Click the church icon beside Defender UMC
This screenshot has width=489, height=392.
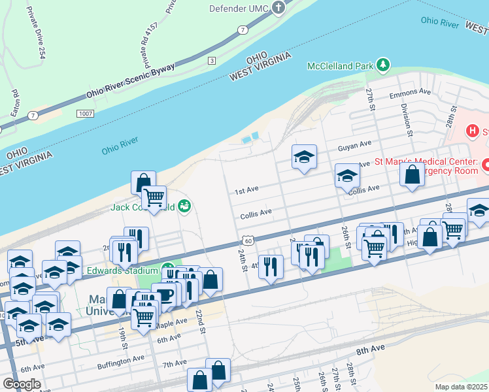[x=279, y=8]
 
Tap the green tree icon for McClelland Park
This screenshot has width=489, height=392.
[x=383, y=65]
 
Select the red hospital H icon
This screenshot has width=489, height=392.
[x=472, y=131]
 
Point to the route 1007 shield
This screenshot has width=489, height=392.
[x=84, y=113]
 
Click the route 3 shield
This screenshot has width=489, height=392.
[x=211, y=61]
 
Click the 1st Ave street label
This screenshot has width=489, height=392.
[x=247, y=190]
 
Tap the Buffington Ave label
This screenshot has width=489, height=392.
[x=121, y=359]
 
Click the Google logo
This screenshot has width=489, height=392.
[x=22, y=384]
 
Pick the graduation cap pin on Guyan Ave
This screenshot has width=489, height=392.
[x=304, y=157]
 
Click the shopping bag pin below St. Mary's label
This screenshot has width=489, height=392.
[x=411, y=175]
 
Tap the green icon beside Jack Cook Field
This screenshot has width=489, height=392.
[x=185, y=206]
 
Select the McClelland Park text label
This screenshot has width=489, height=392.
[x=341, y=65]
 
